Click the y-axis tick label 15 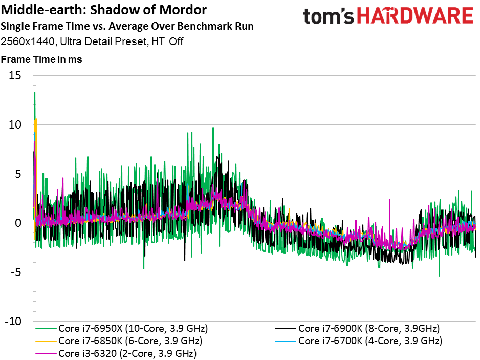point(15,75)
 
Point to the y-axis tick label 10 point(15,125)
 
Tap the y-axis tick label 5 point(18,174)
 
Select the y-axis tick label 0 point(18,223)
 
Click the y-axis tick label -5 point(16,272)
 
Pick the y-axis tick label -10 point(13,322)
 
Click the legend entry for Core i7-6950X point(122,328)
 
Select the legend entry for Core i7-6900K point(357,328)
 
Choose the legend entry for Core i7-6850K point(119,341)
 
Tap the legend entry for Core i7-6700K point(359,341)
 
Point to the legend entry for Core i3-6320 point(116,353)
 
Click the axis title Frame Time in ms point(41,59)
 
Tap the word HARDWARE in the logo point(416,16)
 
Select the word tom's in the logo point(328,16)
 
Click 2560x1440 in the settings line point(28,41)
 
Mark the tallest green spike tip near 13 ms point(35,92)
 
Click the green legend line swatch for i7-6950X point(46,328)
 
